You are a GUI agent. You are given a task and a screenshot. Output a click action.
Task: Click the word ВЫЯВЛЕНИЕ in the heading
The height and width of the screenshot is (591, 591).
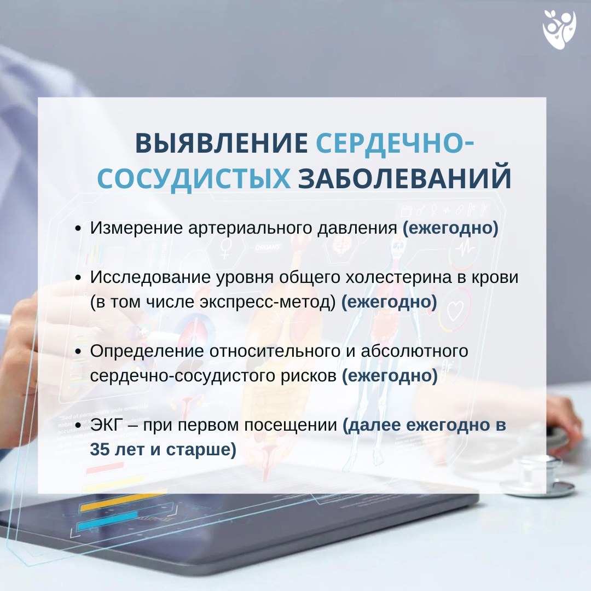tap(221, 143)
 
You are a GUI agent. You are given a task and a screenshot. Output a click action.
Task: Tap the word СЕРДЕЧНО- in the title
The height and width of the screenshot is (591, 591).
tap(395, 143)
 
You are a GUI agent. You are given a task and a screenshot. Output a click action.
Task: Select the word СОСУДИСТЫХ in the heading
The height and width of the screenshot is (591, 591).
tap(194, 178)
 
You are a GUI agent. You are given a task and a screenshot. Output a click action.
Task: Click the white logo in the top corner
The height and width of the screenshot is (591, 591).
tap(559, 30)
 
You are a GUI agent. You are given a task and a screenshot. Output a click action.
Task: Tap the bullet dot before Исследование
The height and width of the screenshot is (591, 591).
tap(78, 278)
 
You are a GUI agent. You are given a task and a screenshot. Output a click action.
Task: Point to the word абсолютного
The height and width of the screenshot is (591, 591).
tap(415, 351)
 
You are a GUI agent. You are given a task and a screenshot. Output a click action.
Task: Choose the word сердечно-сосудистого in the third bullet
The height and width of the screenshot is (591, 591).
tap(179, 376)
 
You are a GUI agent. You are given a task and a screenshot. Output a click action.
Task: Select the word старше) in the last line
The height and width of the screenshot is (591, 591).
tap(201, 450)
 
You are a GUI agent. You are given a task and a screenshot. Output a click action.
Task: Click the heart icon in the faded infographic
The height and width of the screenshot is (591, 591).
tap(455, 311)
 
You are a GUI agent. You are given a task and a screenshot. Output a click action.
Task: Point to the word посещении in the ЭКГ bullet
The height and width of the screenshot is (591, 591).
tap(291, 425)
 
